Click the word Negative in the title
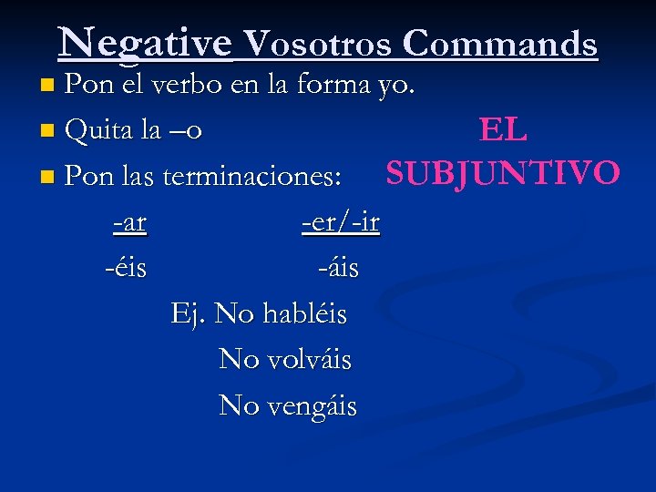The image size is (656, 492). (145, 42)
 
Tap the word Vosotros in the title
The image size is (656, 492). (319, 44)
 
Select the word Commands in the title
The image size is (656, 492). (500, 44)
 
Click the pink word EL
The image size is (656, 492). (503, 131)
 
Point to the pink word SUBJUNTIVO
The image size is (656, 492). (503, 171)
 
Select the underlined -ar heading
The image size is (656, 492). (129, 221)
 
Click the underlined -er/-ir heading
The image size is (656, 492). (341, 221)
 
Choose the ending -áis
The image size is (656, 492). (338, 268)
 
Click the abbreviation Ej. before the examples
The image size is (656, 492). (189, 314)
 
